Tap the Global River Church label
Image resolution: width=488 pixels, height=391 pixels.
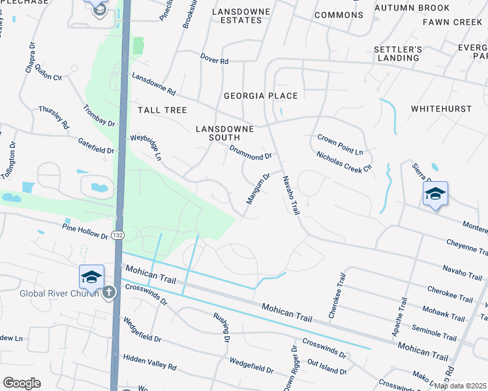(x=58, y=293)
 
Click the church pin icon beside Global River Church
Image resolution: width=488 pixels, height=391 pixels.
(x=109, y=293)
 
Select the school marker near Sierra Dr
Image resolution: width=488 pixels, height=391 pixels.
(x=435, y=194)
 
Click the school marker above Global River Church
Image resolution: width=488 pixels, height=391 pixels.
(x=92, y=276)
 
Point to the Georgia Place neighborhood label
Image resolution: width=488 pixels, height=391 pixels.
(x=261, y=96)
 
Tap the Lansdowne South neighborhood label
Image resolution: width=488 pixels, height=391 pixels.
(x=224, y=133)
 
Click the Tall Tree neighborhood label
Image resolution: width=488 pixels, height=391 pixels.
(x=162, y=110)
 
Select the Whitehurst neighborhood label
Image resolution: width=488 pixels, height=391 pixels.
(x=442, y=108)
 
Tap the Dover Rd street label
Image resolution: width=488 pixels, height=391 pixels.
(x=215, y=61)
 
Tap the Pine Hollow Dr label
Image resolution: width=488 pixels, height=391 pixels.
(x=85, y=231)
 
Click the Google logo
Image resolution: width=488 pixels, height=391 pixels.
(x=22, y=383)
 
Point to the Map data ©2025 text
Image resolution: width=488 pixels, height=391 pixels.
(x=459, y=386)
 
